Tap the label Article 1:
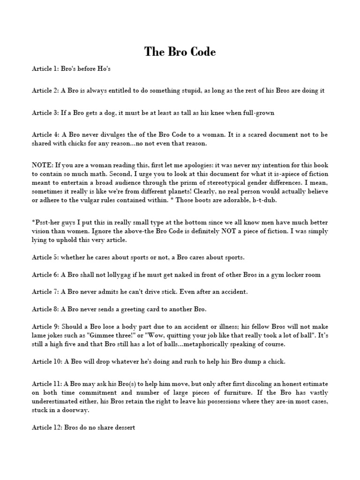(45, 68)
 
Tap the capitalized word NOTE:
(42, 165)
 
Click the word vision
(42, 231)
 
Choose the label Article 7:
(45, 292)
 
